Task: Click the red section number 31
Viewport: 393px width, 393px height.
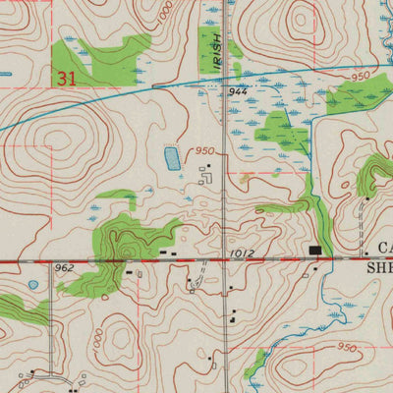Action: click(67, 76)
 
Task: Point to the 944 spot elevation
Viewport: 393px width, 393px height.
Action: click(237, 89)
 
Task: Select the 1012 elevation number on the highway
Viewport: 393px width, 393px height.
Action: click(243, 253)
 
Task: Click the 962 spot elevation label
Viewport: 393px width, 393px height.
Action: click(65, 267)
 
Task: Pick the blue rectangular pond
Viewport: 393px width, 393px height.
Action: click(172, 157)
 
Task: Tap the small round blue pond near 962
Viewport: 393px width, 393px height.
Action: click(33, 285)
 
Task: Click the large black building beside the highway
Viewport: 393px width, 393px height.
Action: click(315, 252)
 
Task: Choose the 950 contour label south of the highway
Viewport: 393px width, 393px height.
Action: click(345, 347)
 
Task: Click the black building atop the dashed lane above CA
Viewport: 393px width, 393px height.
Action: click(366, 199)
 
